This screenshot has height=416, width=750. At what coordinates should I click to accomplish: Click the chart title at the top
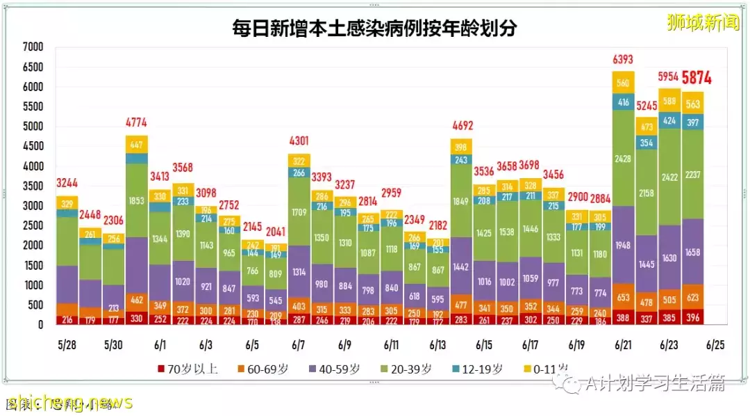(x=374, y=29)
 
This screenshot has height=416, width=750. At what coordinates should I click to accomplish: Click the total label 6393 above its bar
(x=623, y=61)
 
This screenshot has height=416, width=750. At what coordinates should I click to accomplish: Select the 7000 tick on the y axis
(x=33, y=47)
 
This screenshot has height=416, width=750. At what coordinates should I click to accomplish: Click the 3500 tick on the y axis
(x=33, y=186)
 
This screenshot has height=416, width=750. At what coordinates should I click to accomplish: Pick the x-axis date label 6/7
(x=300, y=345)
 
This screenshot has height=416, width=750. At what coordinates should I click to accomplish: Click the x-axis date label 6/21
(x=623, y=345)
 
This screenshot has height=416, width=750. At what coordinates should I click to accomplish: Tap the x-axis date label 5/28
(x=68, y=345)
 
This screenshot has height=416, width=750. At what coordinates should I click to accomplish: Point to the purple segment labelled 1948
(x=623, y=244)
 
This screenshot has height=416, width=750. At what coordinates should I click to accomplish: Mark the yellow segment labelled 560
(x=623, y=82)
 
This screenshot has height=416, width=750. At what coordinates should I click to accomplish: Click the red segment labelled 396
(x=692, y=317)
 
